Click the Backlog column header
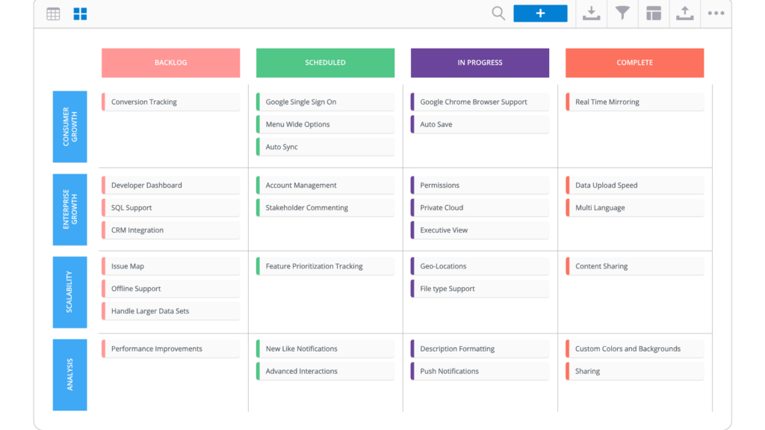click(x=170, y=63)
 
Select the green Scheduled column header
click(x=325, y=63)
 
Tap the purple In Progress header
click(x=480, y=63)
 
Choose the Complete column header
click(x=634, y=63)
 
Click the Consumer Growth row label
click(x=69, y=126)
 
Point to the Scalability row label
click(x=69, y=292)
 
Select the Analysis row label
click(x=69, y=375)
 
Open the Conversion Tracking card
click(x=170, y=102)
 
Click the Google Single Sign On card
click(x=325, y=102)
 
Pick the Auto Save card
click(x=480, y=125)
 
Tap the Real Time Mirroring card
click(x=634, y=102)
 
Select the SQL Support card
click(x=170, y=208)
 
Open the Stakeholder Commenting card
click(x=325, y=208)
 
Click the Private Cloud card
click(x=480, y=208)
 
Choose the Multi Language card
click(x=634, y=208)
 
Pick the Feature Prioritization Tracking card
click(x=325, y=266)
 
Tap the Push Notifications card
click(x=480, y=372)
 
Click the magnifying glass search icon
click(x=498, y=13)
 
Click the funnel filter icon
click(x=622, y=13)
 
